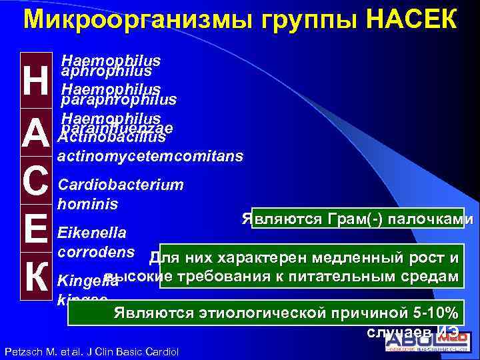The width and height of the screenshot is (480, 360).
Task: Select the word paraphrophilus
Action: tap(119, 100)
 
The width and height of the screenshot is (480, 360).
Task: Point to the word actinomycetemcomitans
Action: tap(151, 157)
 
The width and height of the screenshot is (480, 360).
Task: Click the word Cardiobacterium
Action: tap(121, 185)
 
